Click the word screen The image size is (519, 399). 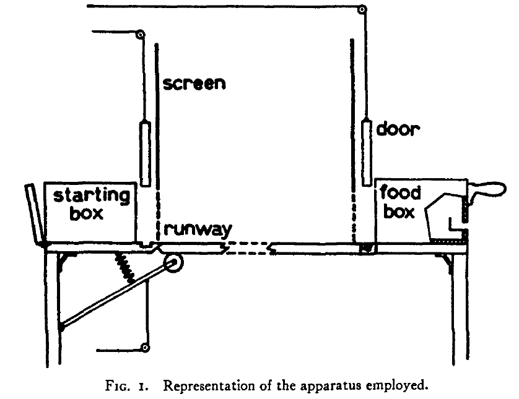click(194, 84)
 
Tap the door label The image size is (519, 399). click(398, 129)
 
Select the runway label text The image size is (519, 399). click(198, 230)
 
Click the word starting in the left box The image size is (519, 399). click(92, 195)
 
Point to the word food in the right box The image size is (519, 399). click(400, 192)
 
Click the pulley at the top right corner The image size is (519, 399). click(362, 9)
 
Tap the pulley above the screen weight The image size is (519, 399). click(141, 35)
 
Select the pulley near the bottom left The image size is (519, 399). click(145, 348)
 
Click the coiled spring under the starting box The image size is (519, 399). click(124, 268)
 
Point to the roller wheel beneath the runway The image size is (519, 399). click(173, 263)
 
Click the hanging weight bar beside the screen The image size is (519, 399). click(145, 154)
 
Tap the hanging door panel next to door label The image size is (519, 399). click(366, 152)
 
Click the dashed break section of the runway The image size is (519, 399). click(248, 248)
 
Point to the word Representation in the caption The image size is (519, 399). click(209, 386)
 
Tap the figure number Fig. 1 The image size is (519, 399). click(127, 386)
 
